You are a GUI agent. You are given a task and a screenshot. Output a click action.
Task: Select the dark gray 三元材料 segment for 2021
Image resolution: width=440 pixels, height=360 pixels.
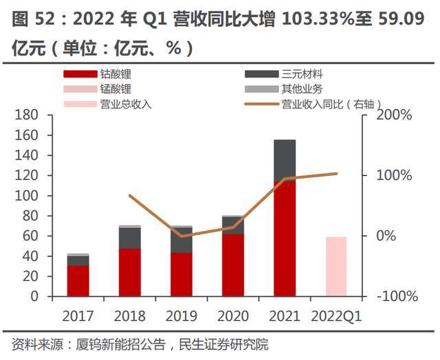pyautogui.click(x=285, y=160)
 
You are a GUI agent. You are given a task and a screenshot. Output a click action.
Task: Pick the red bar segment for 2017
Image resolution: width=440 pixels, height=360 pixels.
pyautogui.click(x=78, y=281)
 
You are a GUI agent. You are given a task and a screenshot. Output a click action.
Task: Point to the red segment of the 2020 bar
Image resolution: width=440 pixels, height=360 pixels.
pyautogui.click(x=233, y=265)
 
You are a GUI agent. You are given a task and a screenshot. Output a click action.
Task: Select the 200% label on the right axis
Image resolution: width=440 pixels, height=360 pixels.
pyautogui.click(x=393, y=115)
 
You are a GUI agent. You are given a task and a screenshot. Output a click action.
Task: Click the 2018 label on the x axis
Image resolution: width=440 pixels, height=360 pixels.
pyautogui.click(x=130, y=317)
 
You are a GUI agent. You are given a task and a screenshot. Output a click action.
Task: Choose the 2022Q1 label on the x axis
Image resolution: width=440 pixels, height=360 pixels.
pyautogui.click(x=336, y=317)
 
